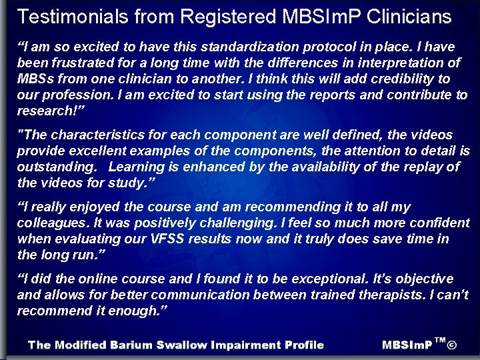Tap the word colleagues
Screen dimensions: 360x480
[54, 223]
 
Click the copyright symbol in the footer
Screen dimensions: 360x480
[452, 345]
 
